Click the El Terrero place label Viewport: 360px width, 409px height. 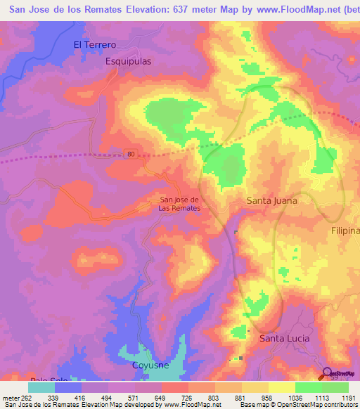tap(95, 44)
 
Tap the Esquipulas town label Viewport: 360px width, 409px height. tap(128, 61)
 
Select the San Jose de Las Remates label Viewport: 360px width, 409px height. tap(179, 204)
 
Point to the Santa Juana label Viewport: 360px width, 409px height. tap(271, 200)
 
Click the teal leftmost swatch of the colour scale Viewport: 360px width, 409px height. tap(41, 387)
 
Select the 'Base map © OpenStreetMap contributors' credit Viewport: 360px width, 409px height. tap(297, 405)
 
